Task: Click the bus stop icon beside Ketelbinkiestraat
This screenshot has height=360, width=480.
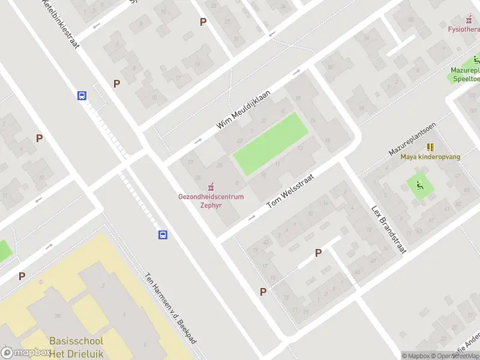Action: click(x=82, y=95)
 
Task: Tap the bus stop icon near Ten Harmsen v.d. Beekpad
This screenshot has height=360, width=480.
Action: click(x=163, y=235)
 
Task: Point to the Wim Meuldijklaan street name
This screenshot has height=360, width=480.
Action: click(x=244, y=109)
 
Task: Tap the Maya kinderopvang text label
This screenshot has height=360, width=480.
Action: click(x=430, y=157)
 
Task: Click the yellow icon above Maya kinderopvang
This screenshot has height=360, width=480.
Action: click(x=430, y=146)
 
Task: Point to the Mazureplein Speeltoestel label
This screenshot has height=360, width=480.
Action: click(x=466, y=74)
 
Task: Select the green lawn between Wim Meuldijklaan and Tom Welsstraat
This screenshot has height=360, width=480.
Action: click(x=270, y=144)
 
